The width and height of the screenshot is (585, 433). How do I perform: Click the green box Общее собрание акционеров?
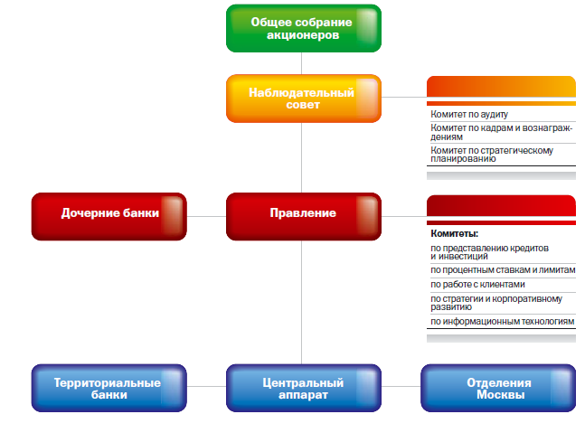[304, 28]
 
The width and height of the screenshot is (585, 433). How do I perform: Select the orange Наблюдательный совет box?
[304, 99]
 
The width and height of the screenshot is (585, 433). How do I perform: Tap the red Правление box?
[304, 216]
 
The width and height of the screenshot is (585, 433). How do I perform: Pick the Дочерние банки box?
[109, 216]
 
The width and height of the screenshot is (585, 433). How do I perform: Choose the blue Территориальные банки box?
[109, 388]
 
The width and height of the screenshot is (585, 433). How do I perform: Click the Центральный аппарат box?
[304, 388]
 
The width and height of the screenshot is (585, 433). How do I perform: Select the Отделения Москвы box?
[498, 388]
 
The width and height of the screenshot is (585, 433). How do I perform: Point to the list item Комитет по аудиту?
[469, 114]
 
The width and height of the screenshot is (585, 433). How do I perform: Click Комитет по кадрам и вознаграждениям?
[501, 132]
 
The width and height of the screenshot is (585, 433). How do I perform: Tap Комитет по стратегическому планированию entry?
[492, 155]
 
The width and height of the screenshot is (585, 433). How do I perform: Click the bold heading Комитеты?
[455, 234]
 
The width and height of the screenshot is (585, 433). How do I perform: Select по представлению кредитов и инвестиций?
[489, 252]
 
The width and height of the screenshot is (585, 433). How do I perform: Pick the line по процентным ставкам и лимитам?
[503, 270]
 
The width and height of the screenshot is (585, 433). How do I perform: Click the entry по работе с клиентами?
[477, 285]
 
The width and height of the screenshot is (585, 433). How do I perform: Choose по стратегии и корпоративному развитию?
[496, 303]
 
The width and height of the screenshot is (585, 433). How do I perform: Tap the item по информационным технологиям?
[502, 322]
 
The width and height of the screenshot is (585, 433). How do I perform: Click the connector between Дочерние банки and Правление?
[206, 216]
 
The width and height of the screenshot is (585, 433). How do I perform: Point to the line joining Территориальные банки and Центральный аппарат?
[206, 386]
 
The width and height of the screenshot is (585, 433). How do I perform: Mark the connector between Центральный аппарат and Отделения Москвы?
[401, 386]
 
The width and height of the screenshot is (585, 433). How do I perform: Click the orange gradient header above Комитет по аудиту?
[501, 87]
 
